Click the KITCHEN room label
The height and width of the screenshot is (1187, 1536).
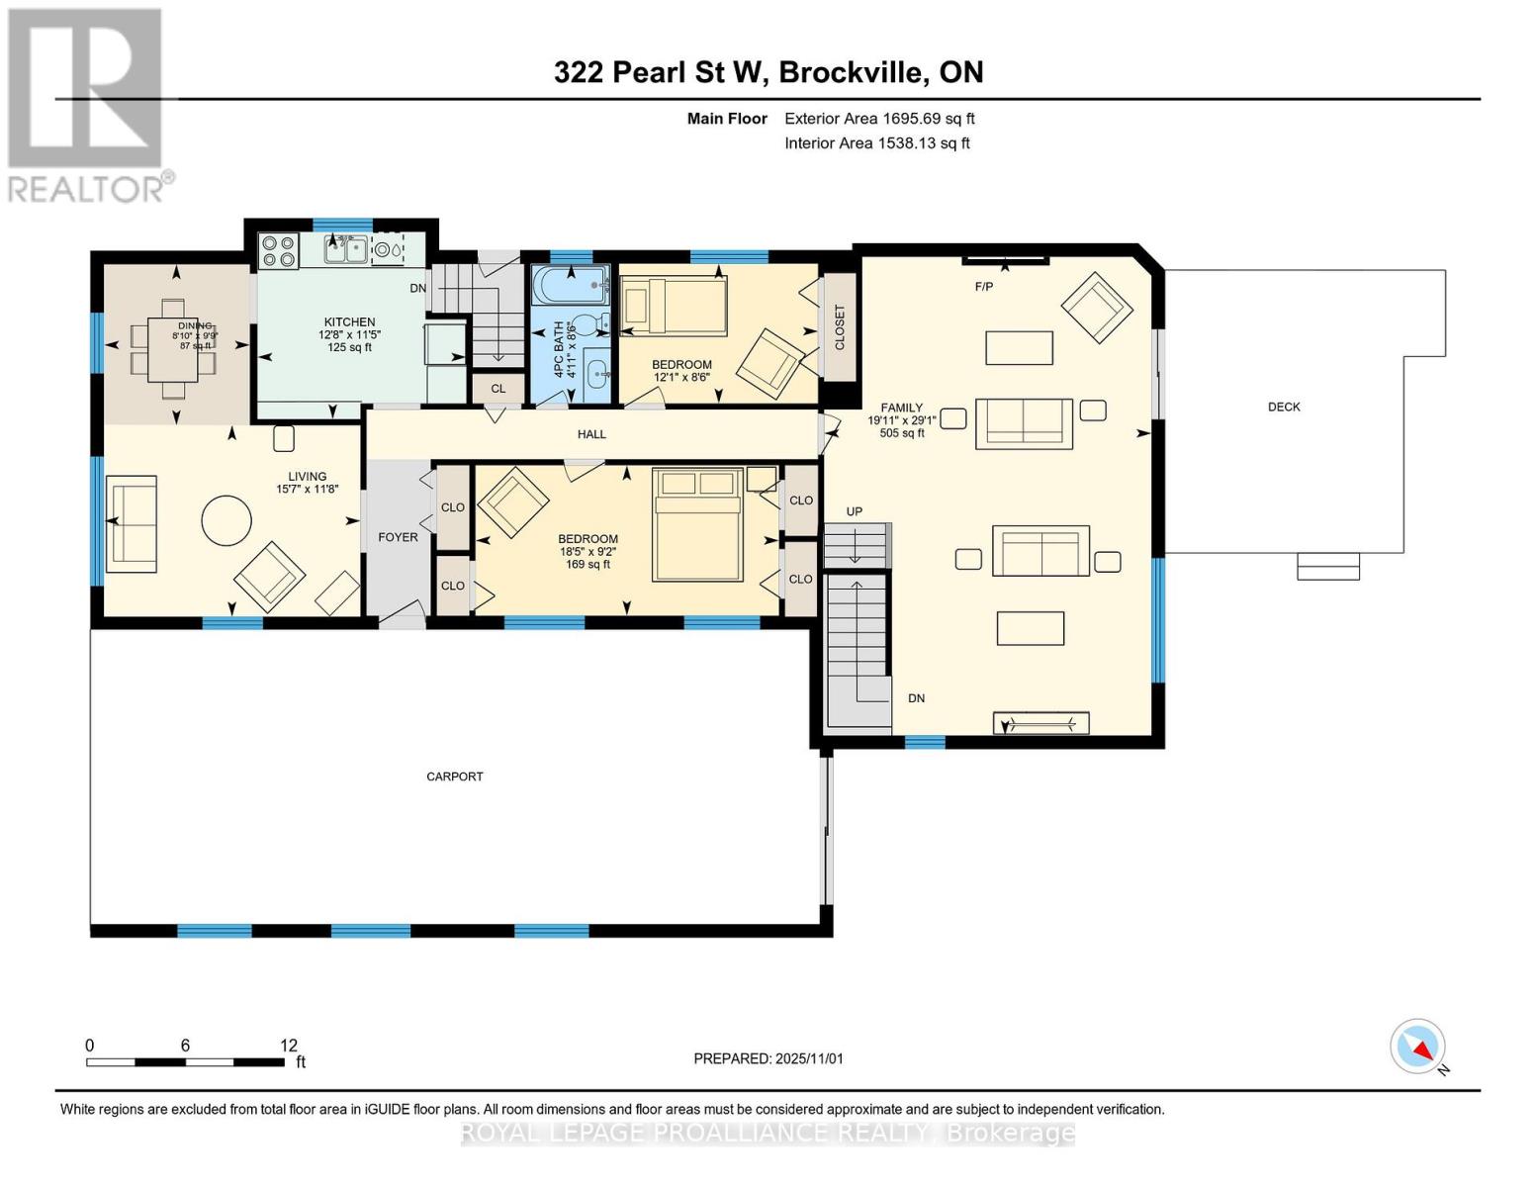349,321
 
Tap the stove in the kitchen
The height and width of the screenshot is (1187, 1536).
278,251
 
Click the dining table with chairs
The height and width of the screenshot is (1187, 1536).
176,338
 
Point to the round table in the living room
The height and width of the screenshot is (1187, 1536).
226,519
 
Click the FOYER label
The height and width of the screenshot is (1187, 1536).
398,537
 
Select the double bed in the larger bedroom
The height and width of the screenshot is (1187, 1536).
697,524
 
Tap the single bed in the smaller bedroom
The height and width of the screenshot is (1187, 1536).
674,306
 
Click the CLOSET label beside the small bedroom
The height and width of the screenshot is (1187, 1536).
840,327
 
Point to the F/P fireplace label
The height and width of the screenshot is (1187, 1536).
983,287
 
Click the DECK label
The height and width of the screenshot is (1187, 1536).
1284,407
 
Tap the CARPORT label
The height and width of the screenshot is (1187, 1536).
455,776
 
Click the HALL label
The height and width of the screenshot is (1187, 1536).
591,434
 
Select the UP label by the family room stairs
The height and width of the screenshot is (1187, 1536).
854,511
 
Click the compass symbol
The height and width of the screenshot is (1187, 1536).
1418,1047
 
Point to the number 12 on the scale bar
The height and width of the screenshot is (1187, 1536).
289,1046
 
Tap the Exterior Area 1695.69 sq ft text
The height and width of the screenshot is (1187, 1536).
879,119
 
